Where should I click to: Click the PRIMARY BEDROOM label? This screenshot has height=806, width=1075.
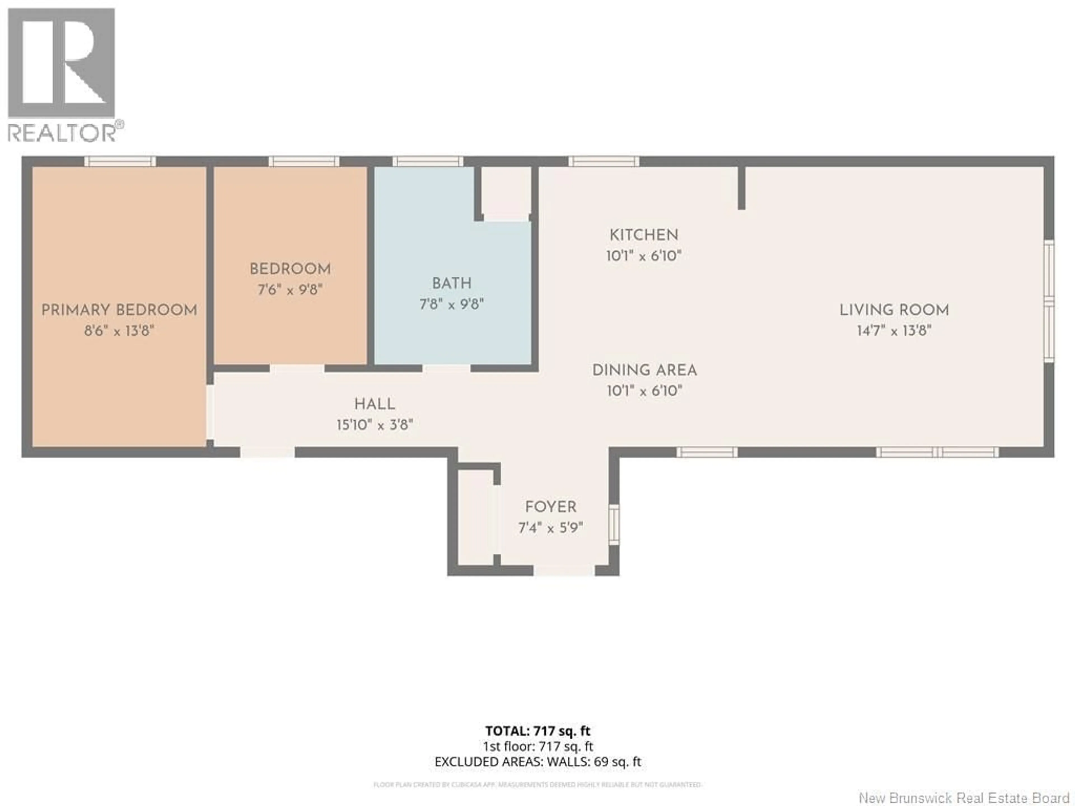pos(119,310)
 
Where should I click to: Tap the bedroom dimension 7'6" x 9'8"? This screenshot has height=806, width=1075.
pos(290,290)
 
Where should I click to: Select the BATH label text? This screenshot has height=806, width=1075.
pos(452,283)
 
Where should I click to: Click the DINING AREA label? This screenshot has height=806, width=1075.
pos(644,370)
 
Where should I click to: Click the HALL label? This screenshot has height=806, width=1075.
pos(374,404)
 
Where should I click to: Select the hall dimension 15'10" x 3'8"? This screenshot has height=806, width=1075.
pos(374,425)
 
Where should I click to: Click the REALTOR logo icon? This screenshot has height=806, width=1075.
pos(62,63)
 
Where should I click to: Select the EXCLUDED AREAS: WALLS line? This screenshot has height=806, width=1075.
pos(537,761)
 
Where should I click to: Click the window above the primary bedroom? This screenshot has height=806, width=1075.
pos(120,161)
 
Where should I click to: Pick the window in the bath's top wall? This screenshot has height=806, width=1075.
pos(428,161)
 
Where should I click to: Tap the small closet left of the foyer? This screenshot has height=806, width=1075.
pos(475,517)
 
